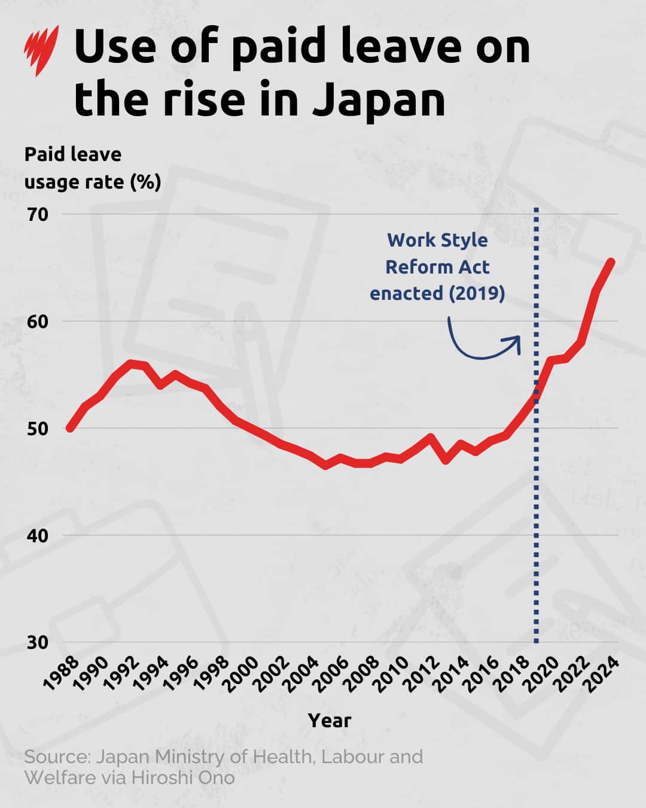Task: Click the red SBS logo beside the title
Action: pos(41,50)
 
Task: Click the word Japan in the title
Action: pos(379,99)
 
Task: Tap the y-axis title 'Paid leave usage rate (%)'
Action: pos(92,168)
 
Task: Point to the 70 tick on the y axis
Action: pos(37,214)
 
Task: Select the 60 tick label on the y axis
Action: pos(37,321)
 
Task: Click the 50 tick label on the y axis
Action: pos(37,429)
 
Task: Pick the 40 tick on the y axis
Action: pos(37,535)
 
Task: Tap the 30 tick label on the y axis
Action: pos(37,642)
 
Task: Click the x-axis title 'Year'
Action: pos(330,720)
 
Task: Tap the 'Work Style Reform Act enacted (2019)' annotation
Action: pos(437,266)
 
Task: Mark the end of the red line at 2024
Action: pos(611,262)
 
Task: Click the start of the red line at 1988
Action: pos(70,428)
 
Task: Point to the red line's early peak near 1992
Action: pos(131,363)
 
